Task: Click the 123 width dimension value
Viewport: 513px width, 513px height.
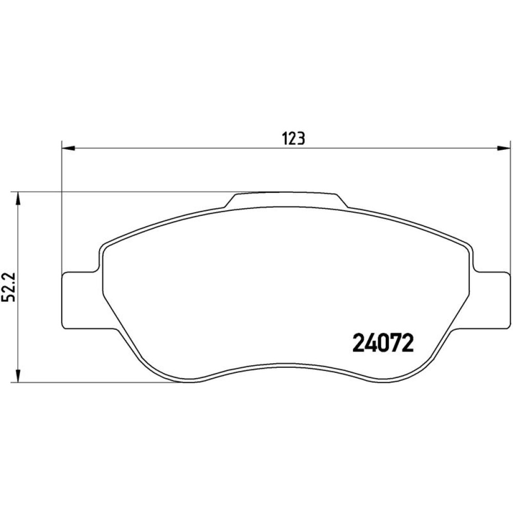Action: click(x=293, y=139)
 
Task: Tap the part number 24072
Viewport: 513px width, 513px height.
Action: click(x=383, y=344)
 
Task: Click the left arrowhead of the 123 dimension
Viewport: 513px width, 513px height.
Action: click(x=68, y=148)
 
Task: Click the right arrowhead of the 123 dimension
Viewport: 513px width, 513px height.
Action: click(x=504, y=148)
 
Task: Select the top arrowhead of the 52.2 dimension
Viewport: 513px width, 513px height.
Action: click(x=18, y=199)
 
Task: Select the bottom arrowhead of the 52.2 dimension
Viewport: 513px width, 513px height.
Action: click(x=18, y=376)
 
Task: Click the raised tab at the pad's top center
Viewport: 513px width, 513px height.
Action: click(x=286, y=200)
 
